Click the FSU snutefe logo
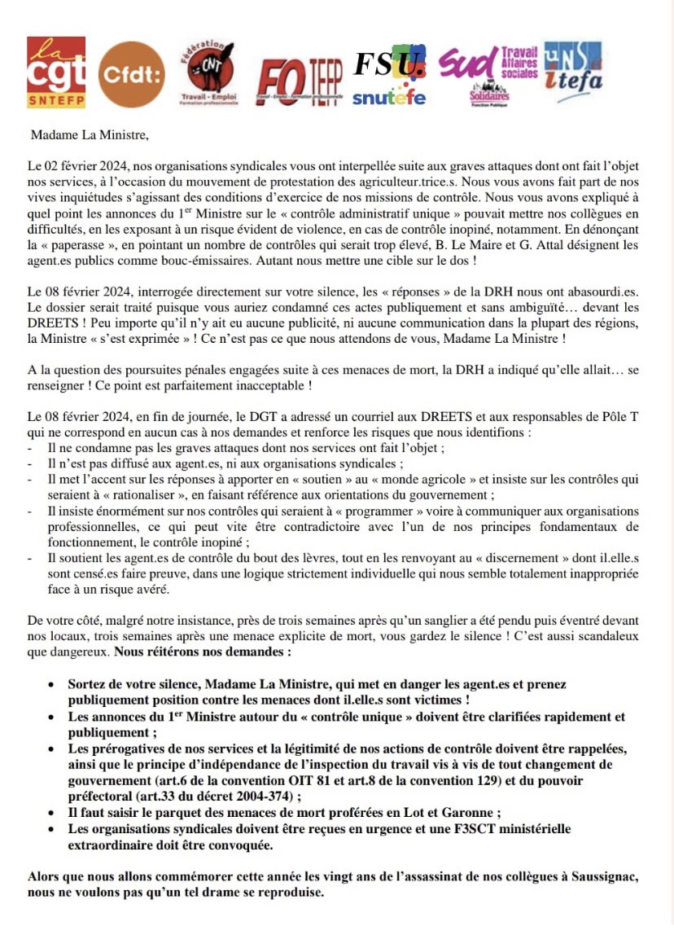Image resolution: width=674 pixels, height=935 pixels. pyautogui.click(x=389, y=77)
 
